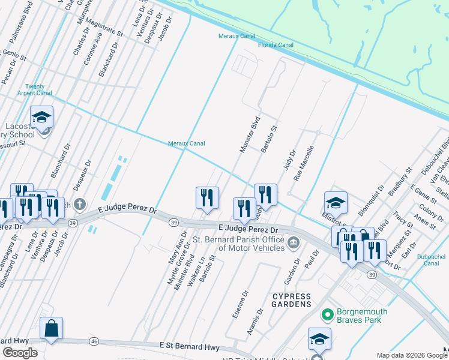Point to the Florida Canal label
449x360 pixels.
(276, 45)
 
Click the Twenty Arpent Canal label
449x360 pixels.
(39, 90)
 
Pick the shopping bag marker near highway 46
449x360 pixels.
(52, 328)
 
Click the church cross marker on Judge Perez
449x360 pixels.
(79, 205)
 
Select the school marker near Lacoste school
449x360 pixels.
(42, 116)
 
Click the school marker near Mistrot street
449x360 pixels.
(336, 202)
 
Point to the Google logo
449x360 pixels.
(20, 353)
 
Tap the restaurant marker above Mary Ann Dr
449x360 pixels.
(207, 197)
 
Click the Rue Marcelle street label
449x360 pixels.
(304, 163)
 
